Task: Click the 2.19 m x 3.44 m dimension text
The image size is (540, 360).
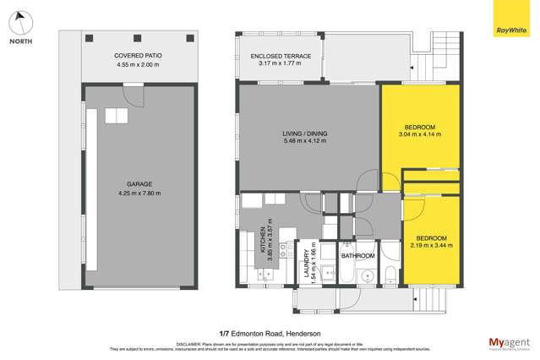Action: tap(431, 245)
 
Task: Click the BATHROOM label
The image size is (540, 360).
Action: tap(357, 254)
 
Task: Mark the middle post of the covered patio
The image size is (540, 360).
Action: tap(138, 35)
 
